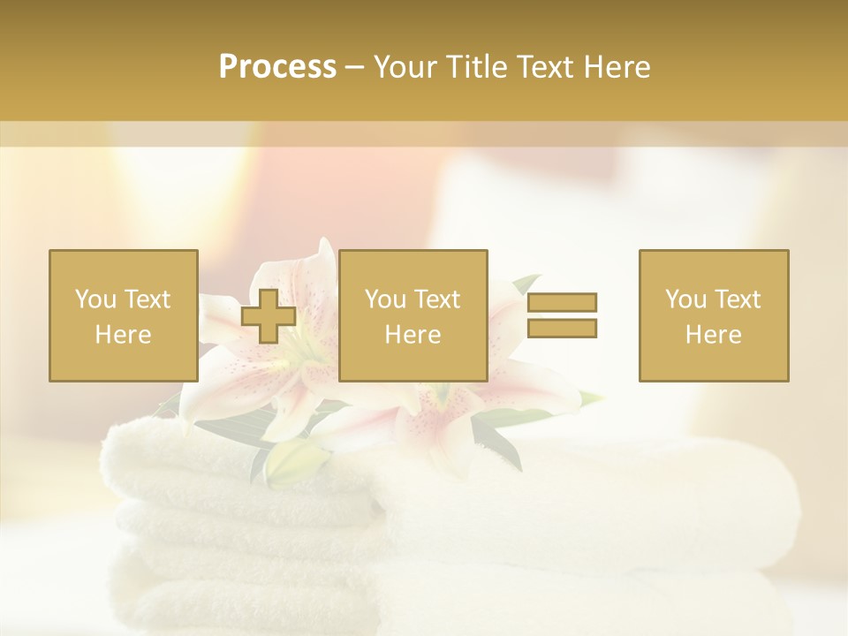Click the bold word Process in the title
pyautogui.click(x=277, y=67)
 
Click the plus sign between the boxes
pyautogui.click(x=269, y=315)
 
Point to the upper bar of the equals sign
pyautogui.click(x=562, y=302)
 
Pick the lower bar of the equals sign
pyautogui.click(x=562, y=328)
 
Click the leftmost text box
pyautogui.click(x=123, y=315)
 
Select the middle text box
pyautogui.click(x=413, y=315)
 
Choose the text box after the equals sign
pyautogui.click(x=713, y=315)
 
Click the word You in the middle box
pyautogui.click(x=385, y=299)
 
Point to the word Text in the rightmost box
pyautogui.click(x=737, y=299)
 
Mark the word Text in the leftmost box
pyautogui.click(x=147, y=299)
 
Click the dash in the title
pyautogui.click(x=354, y=68)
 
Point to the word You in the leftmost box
pyautogui.click(x=95, y=299)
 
